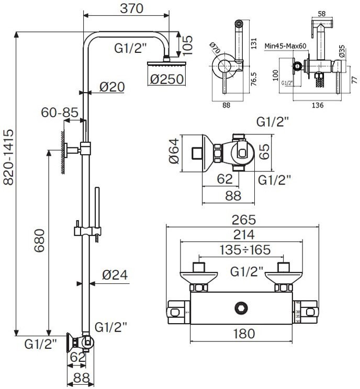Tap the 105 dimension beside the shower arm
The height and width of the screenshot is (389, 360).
pos(187,45)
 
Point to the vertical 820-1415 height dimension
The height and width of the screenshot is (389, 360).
pos(8,156)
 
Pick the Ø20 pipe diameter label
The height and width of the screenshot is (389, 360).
pos(111,87)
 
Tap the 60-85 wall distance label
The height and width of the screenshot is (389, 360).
pos(61,112)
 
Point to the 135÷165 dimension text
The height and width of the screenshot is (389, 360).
pos(242,250)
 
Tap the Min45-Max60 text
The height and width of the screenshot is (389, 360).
pos(285,46)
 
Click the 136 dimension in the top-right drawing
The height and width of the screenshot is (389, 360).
pos(317,105)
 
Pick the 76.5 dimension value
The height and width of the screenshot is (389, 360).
pos(253,78)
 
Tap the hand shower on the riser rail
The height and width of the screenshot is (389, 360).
pos(97,209)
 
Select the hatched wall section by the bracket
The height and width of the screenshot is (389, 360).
pos(62,152)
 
